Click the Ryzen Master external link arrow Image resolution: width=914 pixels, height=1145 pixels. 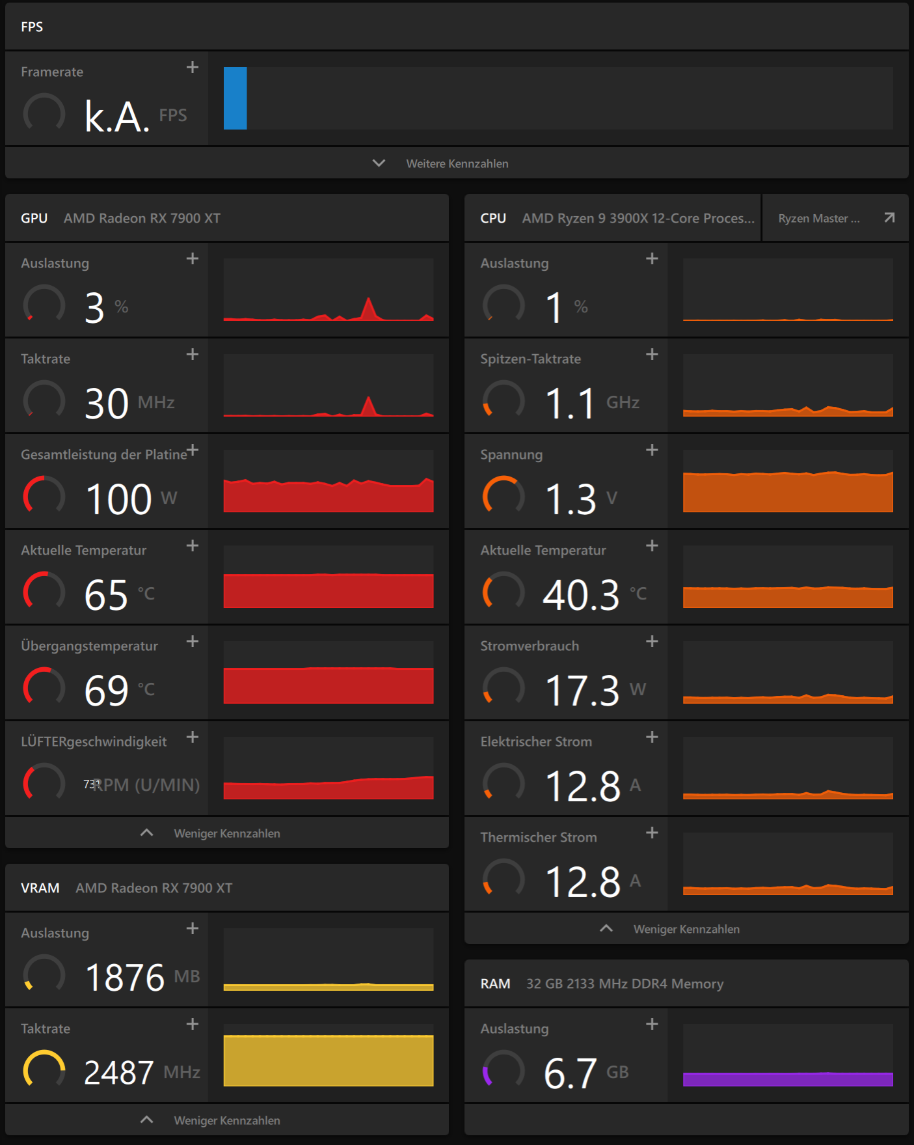(x=889, y=217)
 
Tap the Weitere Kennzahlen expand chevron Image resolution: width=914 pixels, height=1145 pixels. (x=379, y=163)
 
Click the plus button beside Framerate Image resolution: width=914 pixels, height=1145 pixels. (x=193, y=67)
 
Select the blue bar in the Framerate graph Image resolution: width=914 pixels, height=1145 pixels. (x=235, y=98)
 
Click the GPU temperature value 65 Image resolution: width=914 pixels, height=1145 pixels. (x=106, y=594)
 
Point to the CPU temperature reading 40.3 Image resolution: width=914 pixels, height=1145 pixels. (x=581, y=594)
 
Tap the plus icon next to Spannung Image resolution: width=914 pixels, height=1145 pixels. (x=652, y=450)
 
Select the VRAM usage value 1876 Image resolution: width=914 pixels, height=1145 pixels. (x=125, y=977)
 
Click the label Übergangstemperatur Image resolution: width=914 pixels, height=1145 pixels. (x=89, y=646)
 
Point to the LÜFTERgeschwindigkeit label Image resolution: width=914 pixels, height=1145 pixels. (x=94, y=741)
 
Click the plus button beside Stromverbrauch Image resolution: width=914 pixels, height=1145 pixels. (x=652, y=641)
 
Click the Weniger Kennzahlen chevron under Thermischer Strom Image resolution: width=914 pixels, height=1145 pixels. (x=606, y=928)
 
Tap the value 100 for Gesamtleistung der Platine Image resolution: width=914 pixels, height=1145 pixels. (x=118, y=499)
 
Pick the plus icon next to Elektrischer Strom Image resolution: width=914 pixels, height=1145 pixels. (x=652, y=737)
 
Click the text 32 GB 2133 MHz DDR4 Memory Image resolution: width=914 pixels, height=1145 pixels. (x=625, y=984)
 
